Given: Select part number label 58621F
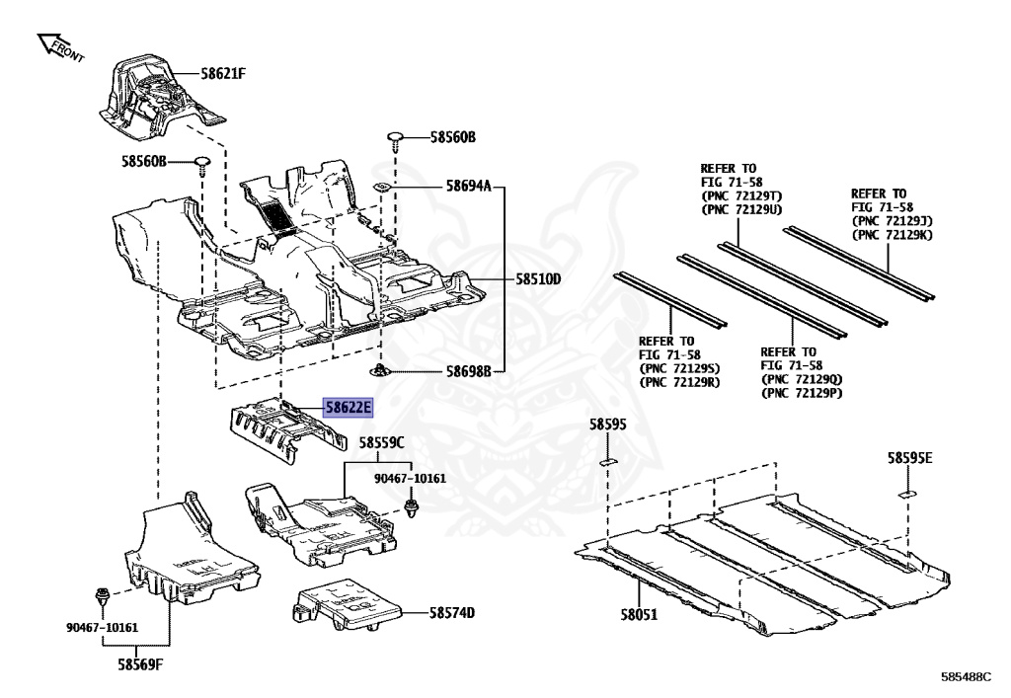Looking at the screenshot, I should tap(224, 72).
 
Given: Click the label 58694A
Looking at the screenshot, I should tap(468, 185).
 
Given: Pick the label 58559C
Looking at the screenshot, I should tap(381, 443).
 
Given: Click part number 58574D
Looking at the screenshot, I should tap(452, 613).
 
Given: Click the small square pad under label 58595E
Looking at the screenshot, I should tap(907, 491).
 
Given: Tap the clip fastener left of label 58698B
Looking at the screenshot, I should tap(379, 371).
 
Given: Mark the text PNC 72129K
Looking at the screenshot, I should tap(892, 235).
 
